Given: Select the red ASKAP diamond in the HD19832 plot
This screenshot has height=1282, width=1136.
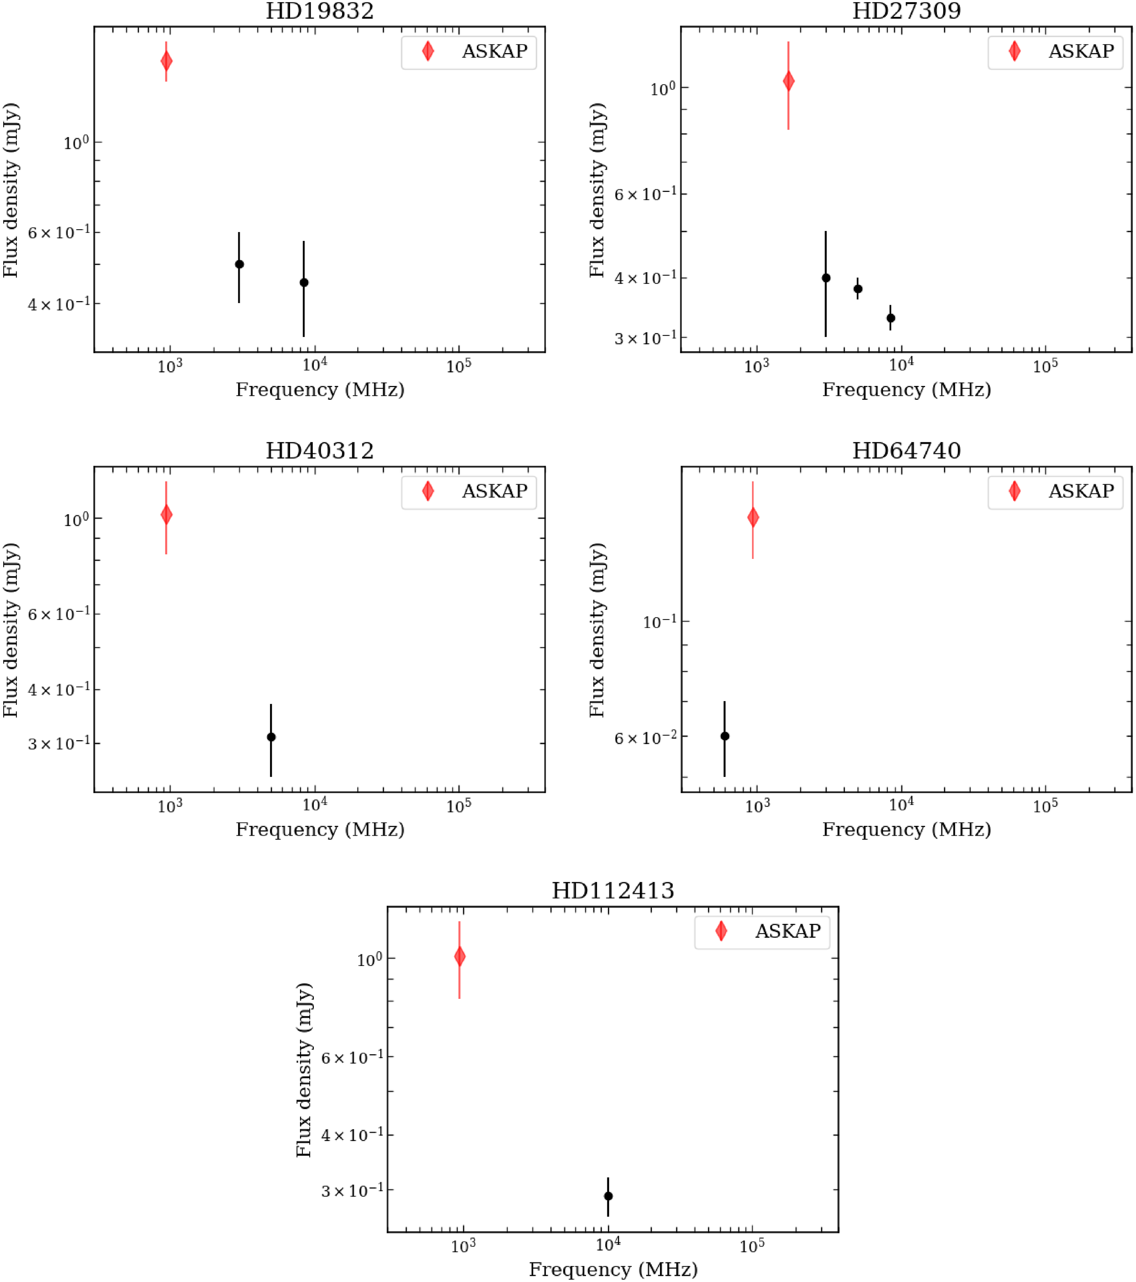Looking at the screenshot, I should pyautogui.click(x=166, y=61).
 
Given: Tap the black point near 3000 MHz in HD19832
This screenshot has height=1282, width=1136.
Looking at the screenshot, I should pyautogui.click(x=239, y=264).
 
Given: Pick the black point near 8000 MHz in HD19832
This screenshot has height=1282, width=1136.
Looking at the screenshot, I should pyautogui.click(x=304, y=282).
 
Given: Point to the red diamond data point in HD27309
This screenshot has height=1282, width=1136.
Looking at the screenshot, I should pyautogui.click(x=789, y=81).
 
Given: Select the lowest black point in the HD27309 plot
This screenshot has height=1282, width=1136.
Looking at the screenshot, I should pyautogui.click(x=890, y=318).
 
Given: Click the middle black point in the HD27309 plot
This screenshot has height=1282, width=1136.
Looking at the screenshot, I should pyautogui.click(x=858, y=289).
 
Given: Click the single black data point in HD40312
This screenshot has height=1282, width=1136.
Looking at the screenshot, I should pyautogui.click(x=271, y=737).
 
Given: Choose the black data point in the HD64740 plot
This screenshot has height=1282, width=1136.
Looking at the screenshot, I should pyautogui.click(x=725, y=736).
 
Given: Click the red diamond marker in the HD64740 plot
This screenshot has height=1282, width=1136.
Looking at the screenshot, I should pyautogui.click(x=753, y=517).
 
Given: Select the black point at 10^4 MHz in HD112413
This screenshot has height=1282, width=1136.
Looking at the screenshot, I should pyautogui.click(x=608, y=1196).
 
